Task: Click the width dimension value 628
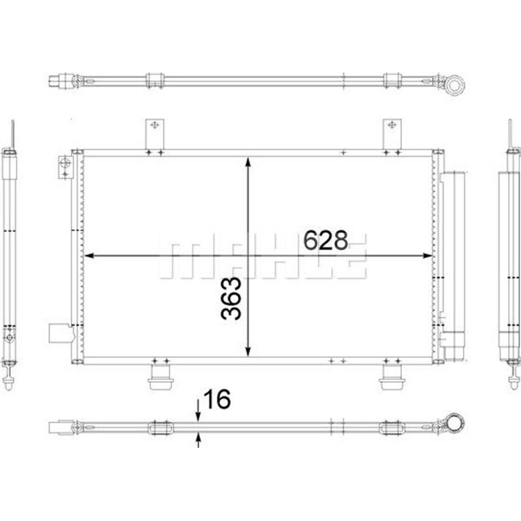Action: pyautogui.click(x=326, y=240)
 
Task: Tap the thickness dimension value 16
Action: pyautogui.click(x=217, y=399)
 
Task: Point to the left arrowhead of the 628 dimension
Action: pyautogui.click(x=89, y=255)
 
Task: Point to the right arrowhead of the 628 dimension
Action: pyautogui.click(x=427, y=255)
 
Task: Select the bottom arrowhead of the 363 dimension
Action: pyautogui.click(x=248, y=351)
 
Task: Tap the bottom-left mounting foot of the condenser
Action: pyautogui.click(x=160, y=377)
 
